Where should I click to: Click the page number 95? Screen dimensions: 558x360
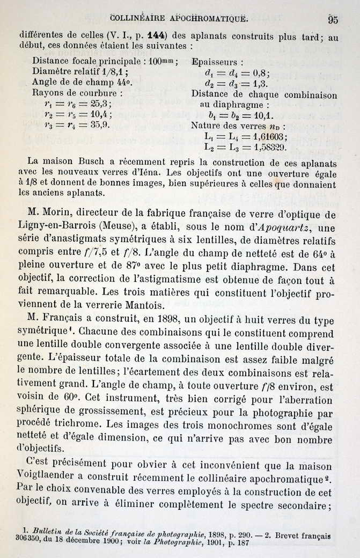(x=333, y=20)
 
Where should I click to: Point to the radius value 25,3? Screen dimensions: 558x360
(x=101, y=104)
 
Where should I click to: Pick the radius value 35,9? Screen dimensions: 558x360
(x=100, y=124)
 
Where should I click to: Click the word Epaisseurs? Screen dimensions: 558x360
(x=217, y=62)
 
